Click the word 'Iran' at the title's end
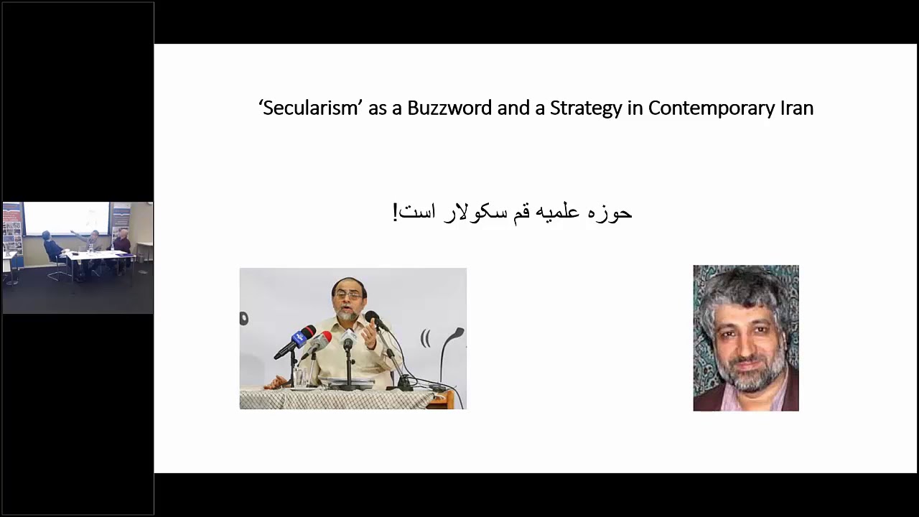point(796,108)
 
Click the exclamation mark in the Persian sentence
point(395,213)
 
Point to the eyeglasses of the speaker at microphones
point(348,294)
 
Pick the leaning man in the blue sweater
point(51,248)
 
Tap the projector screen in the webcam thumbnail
point(66,218)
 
